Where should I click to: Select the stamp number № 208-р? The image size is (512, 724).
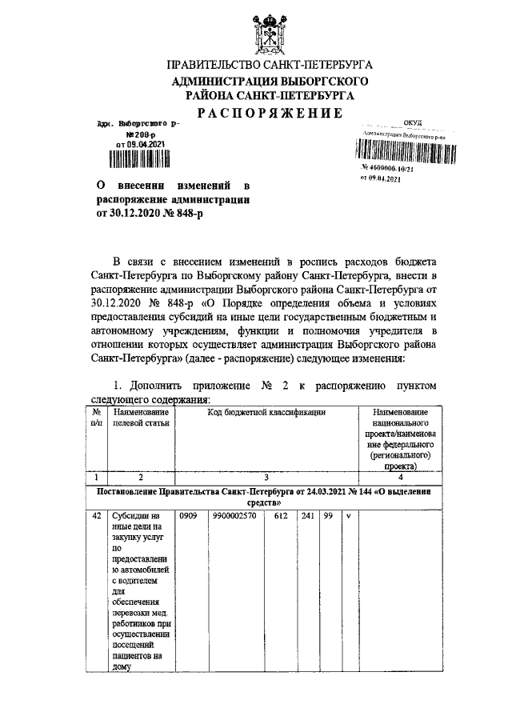coord(133,135)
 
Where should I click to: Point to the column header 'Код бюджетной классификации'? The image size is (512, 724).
coord(266,412)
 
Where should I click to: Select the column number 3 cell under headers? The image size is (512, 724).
coord(266,476)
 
